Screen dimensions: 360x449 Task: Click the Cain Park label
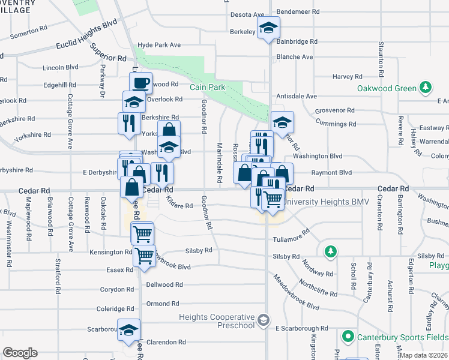(x=208, y=87)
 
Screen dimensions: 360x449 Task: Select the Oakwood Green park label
(x=387, y=88)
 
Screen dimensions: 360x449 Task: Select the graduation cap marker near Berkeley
(x=269, y=27)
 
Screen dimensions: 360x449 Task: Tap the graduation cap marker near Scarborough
(x=128, y=330)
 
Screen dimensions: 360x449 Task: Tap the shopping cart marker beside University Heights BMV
(x=273, y=199)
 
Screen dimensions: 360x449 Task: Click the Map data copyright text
(x=424, y=355)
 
